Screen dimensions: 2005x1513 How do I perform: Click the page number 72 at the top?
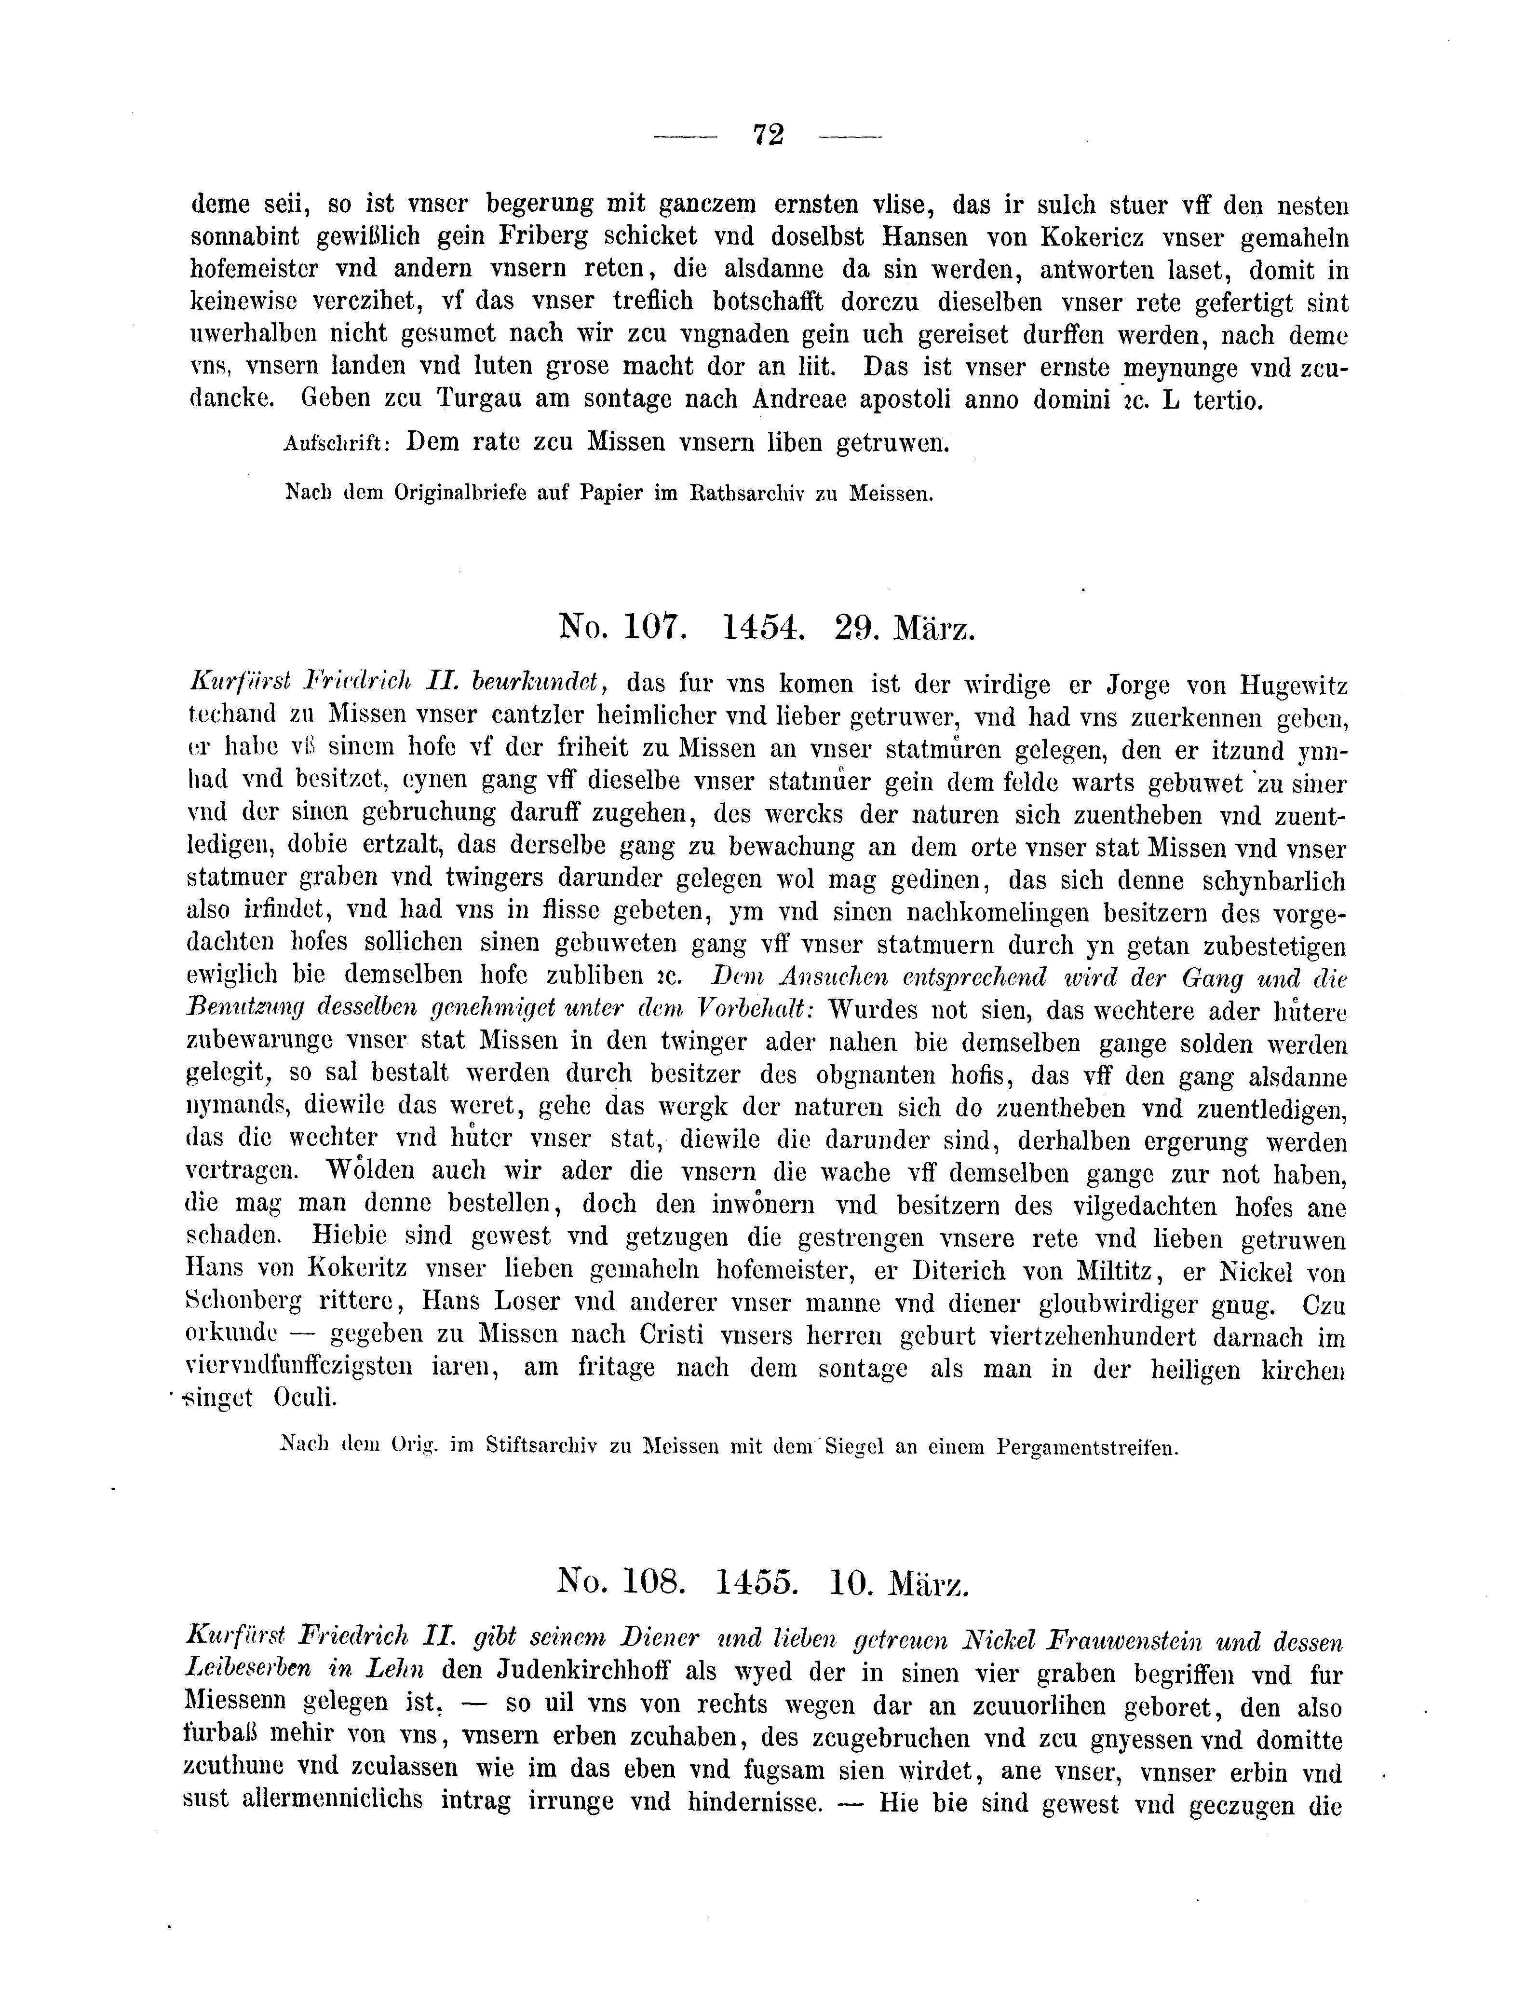pyautogui.click(x=768, y=134)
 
